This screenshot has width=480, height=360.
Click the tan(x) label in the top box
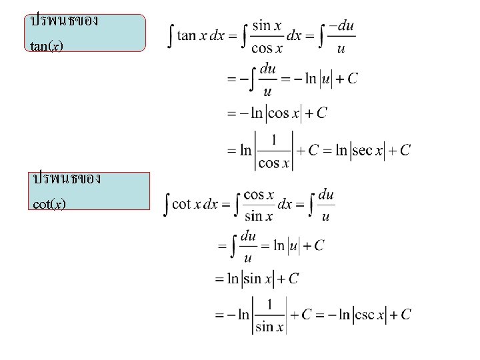(x=47, y=47)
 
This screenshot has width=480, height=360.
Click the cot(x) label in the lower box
(x=49, y=203)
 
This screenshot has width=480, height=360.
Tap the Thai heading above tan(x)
(x=64, y=21)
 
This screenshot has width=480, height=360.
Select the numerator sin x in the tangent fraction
(x=267, y=25)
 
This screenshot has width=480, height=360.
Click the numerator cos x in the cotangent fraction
(x=259, y=195)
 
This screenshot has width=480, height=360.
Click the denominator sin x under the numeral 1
(x=271, y=327)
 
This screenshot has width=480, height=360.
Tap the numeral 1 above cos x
(x=274, y=139)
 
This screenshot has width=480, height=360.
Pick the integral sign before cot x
(x=167, y=205)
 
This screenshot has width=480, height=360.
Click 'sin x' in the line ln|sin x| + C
(x=262, y=279)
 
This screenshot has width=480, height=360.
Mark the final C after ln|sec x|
(x=404, y=151)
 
